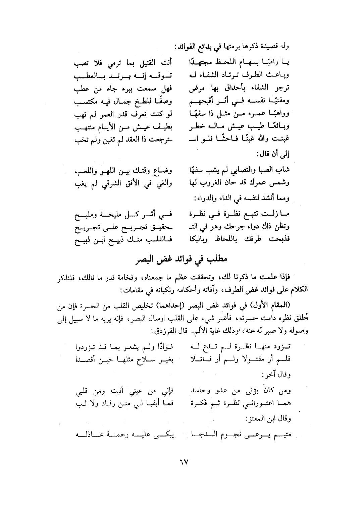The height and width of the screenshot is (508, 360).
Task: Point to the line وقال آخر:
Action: pyautogui.click(x=279, y=374)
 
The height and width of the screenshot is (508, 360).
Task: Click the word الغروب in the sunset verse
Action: pyautogui.click(x=218, y=184)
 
